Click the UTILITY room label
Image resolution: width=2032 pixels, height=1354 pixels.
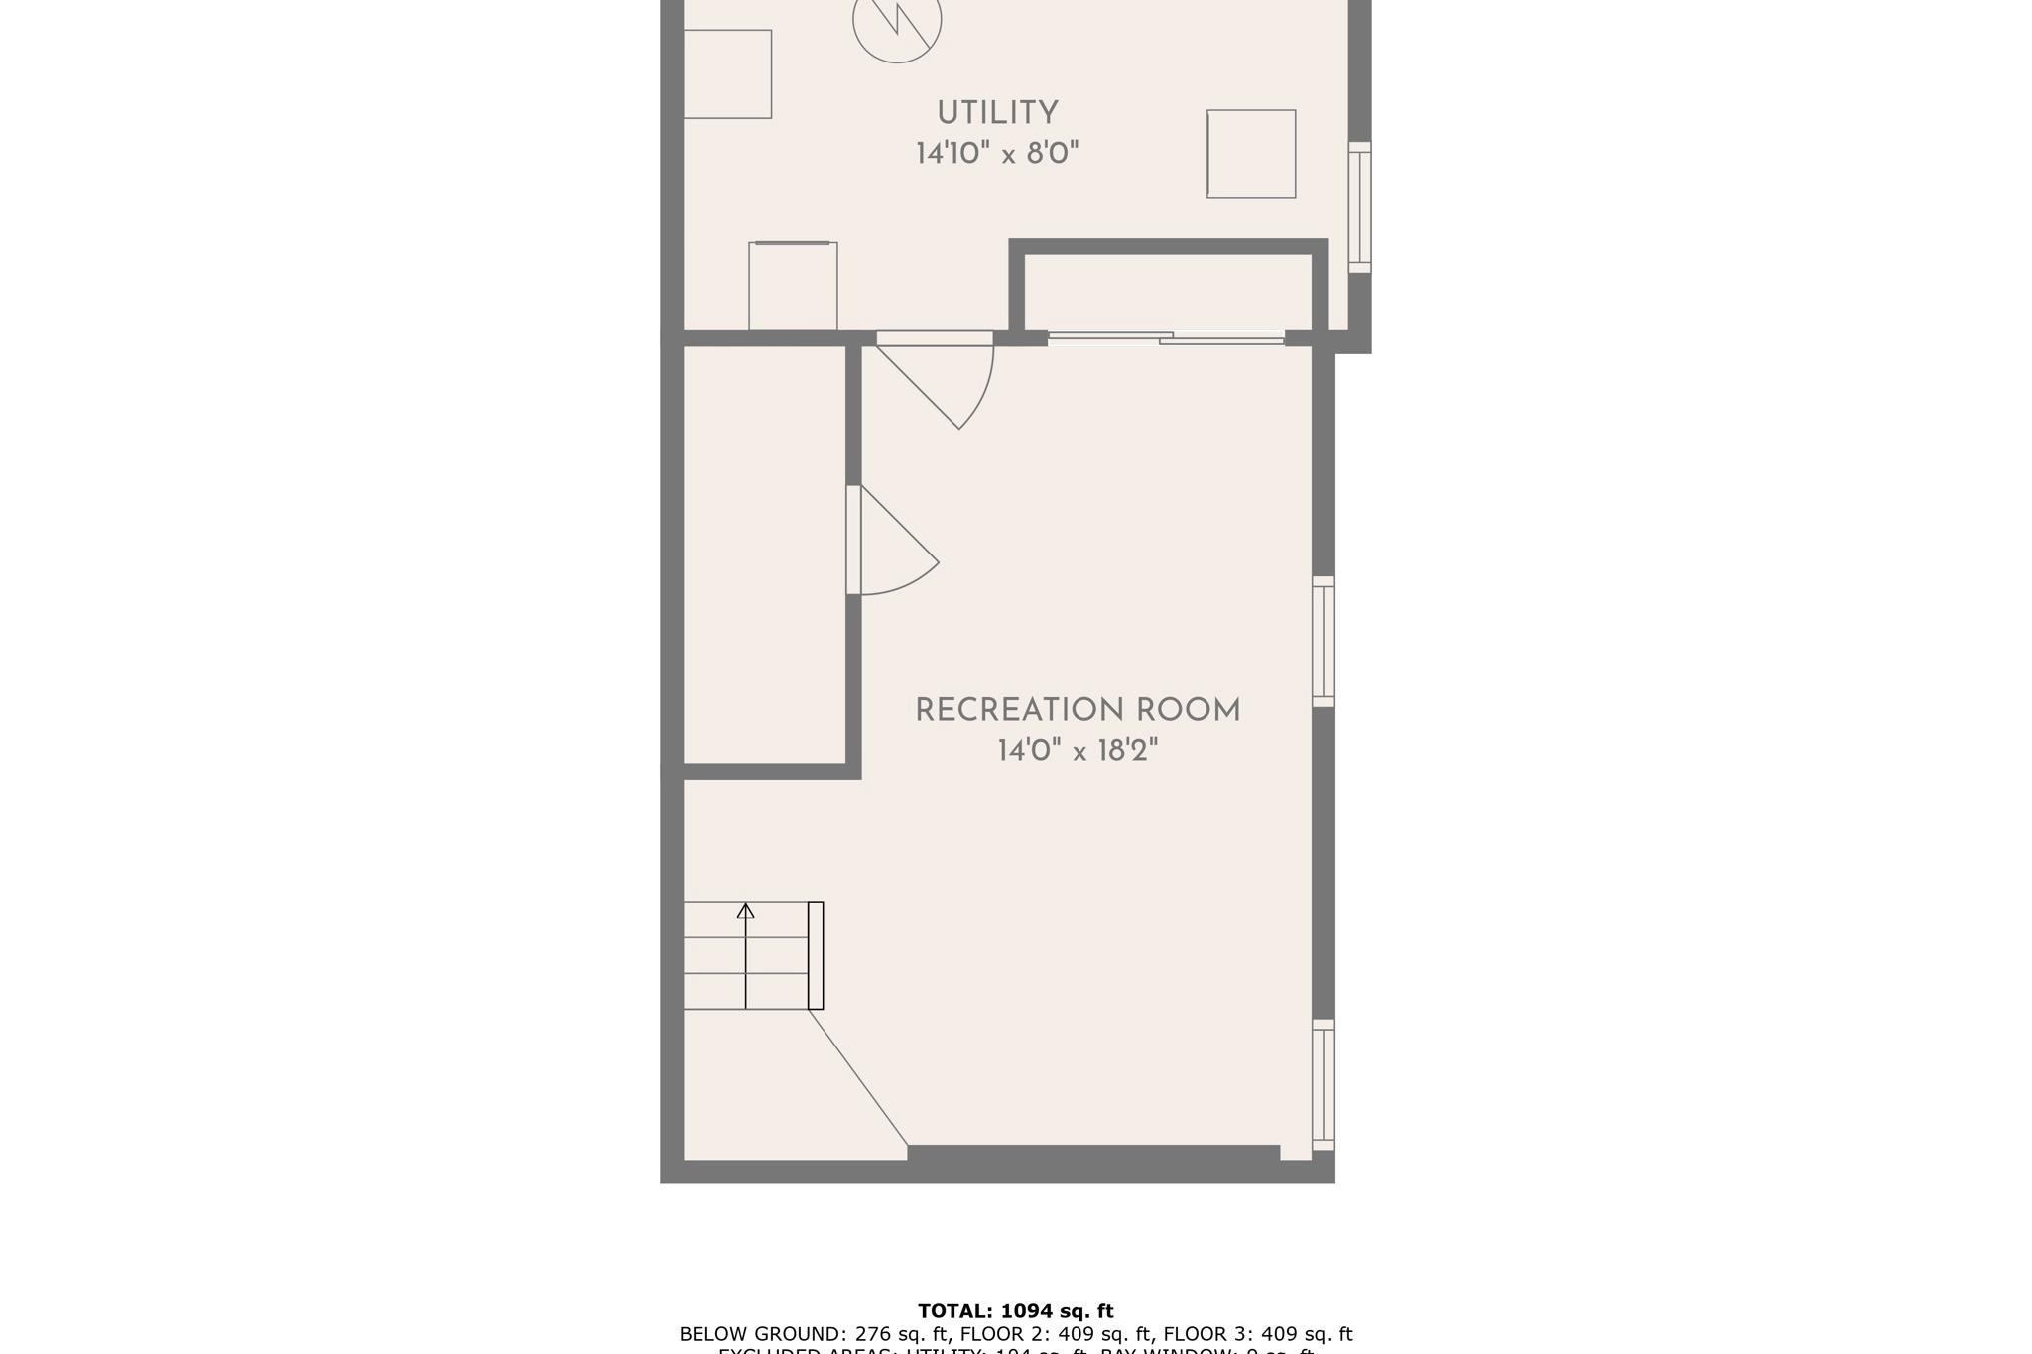tap(997, 113)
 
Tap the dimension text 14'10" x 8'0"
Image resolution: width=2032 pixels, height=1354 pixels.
tap(997, 154)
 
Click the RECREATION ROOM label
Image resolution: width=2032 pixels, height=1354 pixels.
tap(1078, 710)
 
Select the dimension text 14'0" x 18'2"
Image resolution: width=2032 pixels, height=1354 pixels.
tap(1078, 751)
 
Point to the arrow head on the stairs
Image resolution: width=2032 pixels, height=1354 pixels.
tap(745, 910)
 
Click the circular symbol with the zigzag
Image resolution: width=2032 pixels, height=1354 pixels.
tap(897, 22)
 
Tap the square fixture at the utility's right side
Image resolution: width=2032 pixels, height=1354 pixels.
tap(1251, 154)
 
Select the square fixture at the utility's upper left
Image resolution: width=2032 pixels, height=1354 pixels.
tap(727, 74)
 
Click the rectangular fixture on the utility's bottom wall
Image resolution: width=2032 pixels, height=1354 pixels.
tap(793, 286)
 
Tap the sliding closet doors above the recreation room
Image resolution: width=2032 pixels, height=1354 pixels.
tap(1166, 339)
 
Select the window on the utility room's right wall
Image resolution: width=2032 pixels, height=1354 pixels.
tap(1360, 206)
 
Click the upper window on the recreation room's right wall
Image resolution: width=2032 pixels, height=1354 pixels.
tap(1324, 642)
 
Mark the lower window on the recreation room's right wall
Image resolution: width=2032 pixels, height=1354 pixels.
tap(1324, 1084)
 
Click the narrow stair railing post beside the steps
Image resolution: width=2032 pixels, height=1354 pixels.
tap(816, 955)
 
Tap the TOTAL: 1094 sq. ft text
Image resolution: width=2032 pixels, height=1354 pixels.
tap(1015, 1311)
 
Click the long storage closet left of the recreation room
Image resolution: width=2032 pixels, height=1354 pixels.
tap(764, 555)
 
